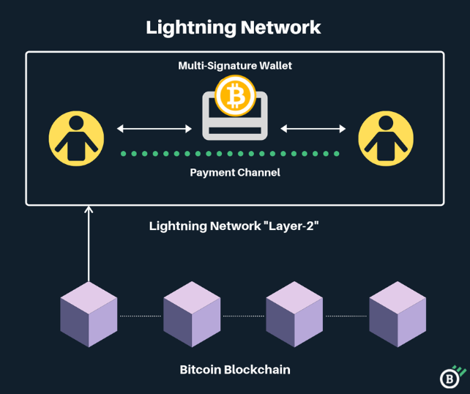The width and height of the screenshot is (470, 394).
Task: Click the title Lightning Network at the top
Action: [x=234, y=28]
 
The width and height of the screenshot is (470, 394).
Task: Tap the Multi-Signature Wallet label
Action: [x=235, y=66]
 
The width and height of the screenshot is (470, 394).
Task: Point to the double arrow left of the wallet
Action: [x=154, y=129]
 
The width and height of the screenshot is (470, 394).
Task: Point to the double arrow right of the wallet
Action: [x=313, y=129]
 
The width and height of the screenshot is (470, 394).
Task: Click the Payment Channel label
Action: [x=235, y=173]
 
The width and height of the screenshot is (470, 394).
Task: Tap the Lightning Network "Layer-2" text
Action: [x=234, y=226]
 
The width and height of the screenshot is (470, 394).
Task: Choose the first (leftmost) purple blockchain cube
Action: [x=89, y=314]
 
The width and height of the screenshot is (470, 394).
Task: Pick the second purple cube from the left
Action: [x=192, y=314]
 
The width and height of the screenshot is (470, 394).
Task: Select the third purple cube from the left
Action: [x=294, y=314]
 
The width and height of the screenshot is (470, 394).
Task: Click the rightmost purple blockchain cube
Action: [x=398, y=314]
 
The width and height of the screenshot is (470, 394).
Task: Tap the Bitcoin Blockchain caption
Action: [x=235, y=370]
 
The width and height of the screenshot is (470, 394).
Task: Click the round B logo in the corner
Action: [x=449, y=379]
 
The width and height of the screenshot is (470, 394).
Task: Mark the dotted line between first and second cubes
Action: [x=140, y=316]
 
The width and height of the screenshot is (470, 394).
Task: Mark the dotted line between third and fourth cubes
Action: [x=346, y=316]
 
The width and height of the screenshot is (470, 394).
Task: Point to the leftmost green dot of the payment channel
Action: [x=124, y=154]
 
